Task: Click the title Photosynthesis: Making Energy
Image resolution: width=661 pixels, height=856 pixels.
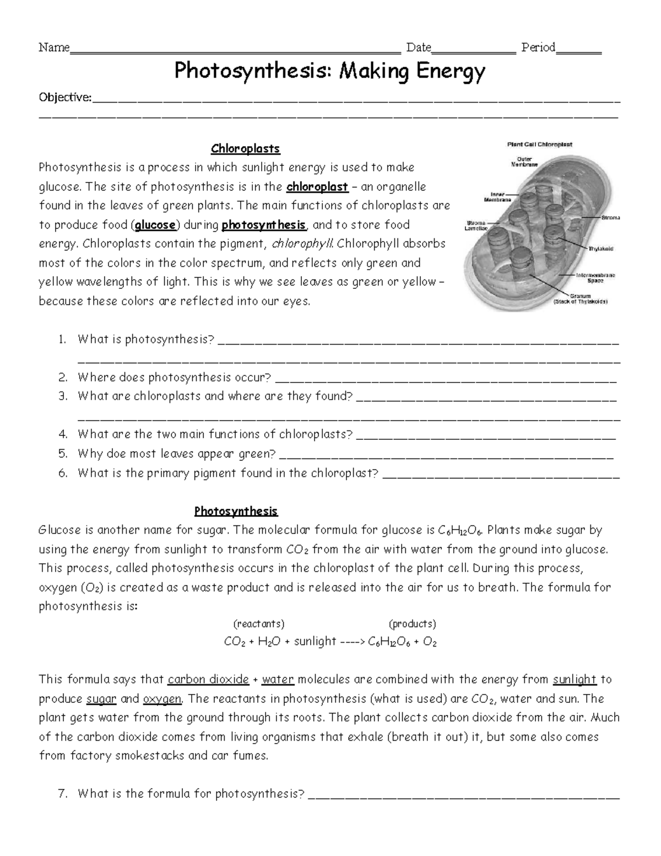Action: point(330,71)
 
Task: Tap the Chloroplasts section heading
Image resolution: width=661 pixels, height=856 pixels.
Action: point(246,148)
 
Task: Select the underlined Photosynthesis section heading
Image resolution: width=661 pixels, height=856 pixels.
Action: point(236,511)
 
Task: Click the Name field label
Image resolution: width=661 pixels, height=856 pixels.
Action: point(53,47)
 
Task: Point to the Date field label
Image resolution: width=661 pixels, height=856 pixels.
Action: point(418,47)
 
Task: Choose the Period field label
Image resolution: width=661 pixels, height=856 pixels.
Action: point(538,47)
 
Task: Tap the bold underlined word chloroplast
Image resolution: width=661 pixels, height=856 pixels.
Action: point(317,186)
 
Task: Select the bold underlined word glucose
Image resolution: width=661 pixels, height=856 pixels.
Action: point(156,225)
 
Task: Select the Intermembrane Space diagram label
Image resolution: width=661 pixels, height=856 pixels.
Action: point(595,277)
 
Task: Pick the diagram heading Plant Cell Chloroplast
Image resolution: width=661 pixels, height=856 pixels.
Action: point(539,144)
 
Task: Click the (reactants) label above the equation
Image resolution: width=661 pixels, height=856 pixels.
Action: point(259,623)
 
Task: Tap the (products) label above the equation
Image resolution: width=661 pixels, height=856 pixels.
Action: point(412,623)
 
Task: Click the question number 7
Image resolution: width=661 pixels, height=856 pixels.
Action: point(62,794)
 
